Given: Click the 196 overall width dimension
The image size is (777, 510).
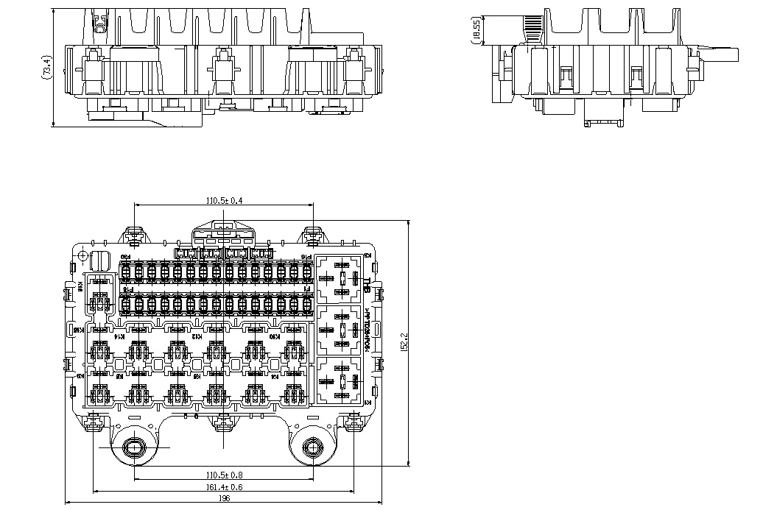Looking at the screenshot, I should tap(225, 498).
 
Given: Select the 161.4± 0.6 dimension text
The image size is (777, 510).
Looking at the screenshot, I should tap(224, 486).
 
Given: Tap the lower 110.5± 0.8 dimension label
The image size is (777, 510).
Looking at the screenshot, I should tap(224, 475).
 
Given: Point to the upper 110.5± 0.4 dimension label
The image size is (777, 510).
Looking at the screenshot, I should tap(224, 200).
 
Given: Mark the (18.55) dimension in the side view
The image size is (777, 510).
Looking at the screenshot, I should tap(477, 31).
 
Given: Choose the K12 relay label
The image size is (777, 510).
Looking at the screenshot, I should tap(196, 336).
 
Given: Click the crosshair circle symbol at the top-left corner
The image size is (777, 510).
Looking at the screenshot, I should tap(82, 255).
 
